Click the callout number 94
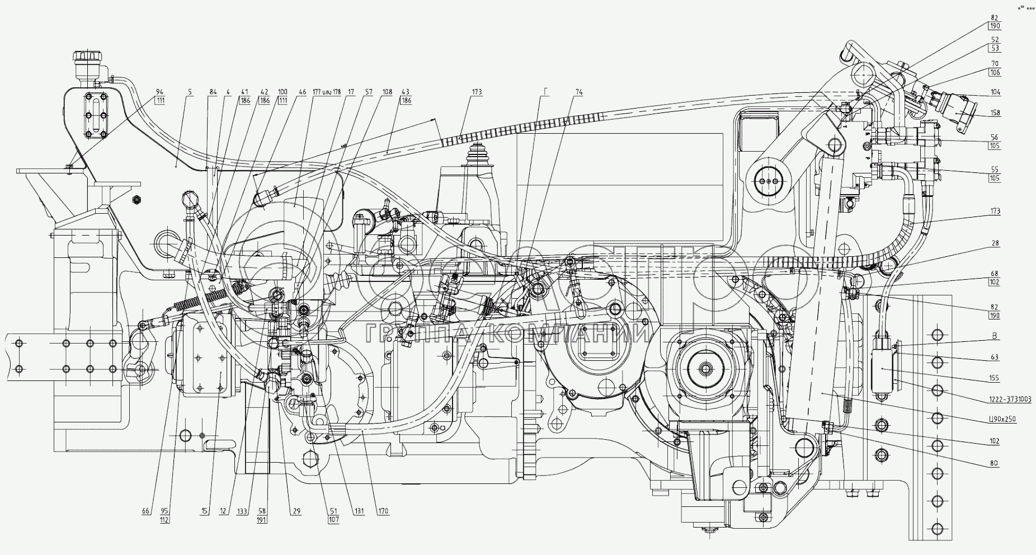pyautogui.click(x=160, y=92)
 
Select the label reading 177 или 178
pyautogui.click(x=326, y=92)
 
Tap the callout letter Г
pyautogui.click(x=547, y=92)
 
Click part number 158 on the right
pyautogui.click(x=995, y=113)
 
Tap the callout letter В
pyautogui.click(x=995, y=336)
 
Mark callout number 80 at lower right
pyautogui.click(x=994, y=463)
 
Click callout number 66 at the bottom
pyautogui.click(x=145, y=511)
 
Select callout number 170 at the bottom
pyautogui.click(x=383, y=511)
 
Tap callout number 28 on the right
pyautogui.click(x=995, y=243)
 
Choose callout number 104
pyautogui.click(x=995, y=92)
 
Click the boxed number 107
pyautogui.click(x=333, y=520)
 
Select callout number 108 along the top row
pyautogui.click(x=387, y=92)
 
